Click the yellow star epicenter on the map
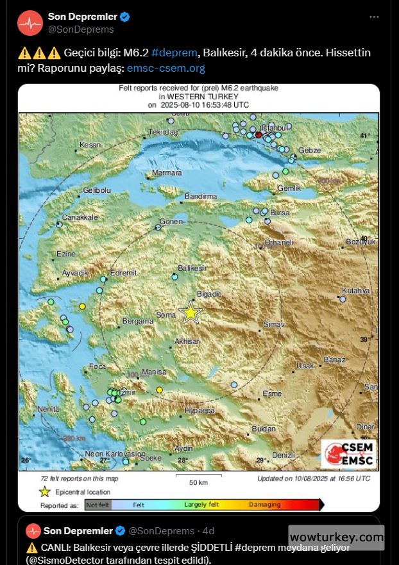[x=191, y=313]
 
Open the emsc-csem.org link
[x=166, y=67]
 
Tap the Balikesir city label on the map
[x=192, y=267]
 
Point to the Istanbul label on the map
[x=271, y=128]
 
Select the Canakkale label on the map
[x=80, y=217]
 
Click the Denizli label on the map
[x=283, y=455]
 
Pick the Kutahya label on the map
[x=356, y=290]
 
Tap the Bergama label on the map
[x=134, y=320]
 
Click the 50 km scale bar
[x=198, y=477]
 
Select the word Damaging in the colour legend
[x=264, y=505]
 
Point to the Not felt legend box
[x=98, y=505]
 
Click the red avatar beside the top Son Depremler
[x=30, y=23]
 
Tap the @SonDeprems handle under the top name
[x=81, y=29]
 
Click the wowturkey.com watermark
[x=336, y=537]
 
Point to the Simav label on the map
[x=273, y=325]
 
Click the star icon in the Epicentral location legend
[x=44, y=492]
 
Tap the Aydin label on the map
[x=183, y=448]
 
